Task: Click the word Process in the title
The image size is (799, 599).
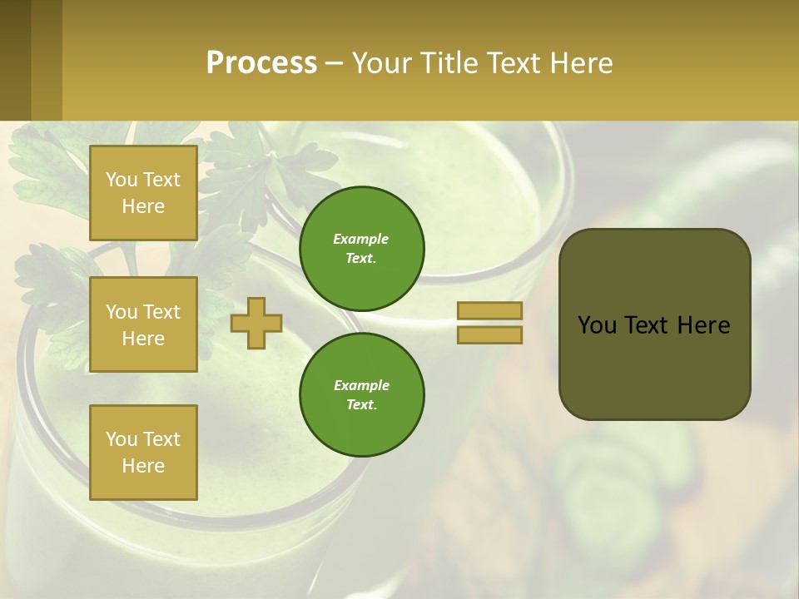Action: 261,63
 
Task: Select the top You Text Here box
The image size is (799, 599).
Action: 143,193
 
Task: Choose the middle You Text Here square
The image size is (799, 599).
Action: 143,324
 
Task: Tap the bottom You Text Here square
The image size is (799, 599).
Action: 143,453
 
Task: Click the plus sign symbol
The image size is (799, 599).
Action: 256,323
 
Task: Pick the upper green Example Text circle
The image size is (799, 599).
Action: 362,249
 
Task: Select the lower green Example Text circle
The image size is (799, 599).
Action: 362,395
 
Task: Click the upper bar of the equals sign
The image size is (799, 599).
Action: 490,310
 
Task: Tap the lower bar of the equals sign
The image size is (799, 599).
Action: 490,334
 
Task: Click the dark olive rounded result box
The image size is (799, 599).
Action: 655,366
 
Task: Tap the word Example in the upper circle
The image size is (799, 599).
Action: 361,240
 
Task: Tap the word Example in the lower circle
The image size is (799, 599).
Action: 361,386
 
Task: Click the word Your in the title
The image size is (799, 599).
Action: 381,63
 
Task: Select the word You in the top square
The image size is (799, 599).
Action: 122,180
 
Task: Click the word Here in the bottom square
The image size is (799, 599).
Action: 143,466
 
